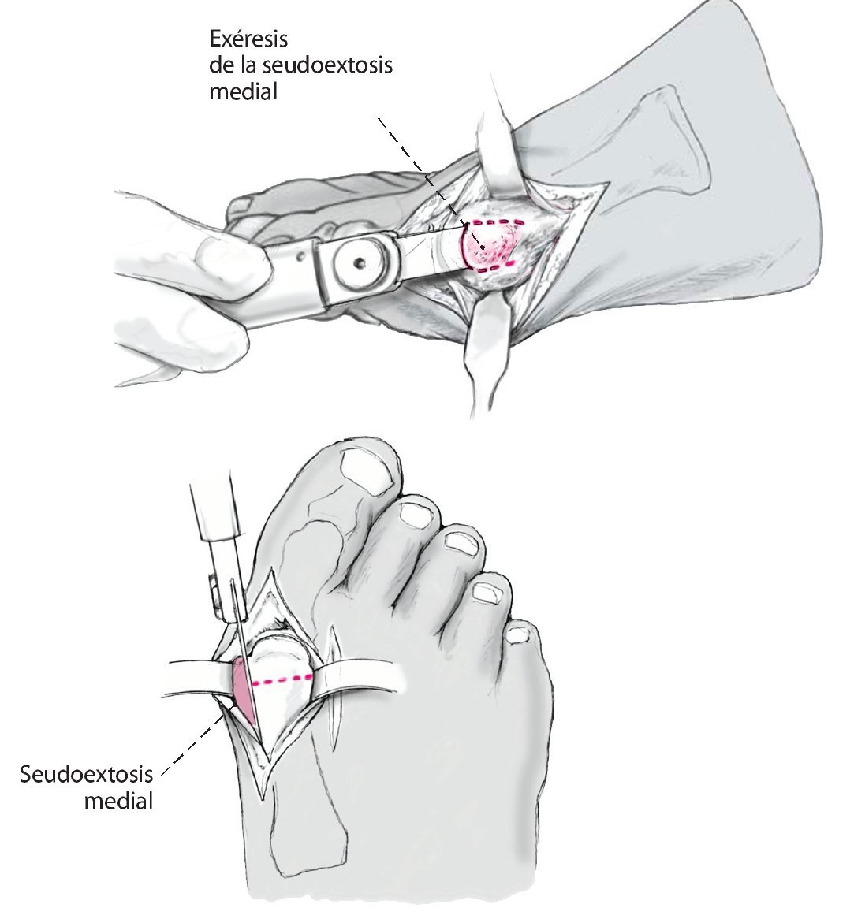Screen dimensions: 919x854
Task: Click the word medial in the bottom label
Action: (118, 802)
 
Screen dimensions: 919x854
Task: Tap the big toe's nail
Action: (367, 471)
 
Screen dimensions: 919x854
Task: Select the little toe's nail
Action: (519, 633)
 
